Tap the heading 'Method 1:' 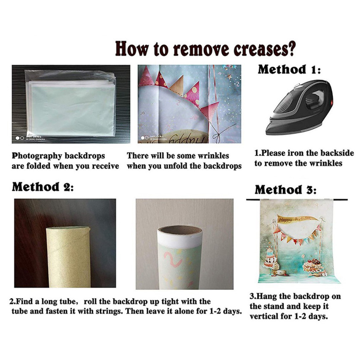[x=289, y=69]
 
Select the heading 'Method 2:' [x=43, y=187]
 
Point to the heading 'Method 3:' [x=286, y=190]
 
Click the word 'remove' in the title [x=201, y=49]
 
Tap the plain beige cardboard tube [x=68, y=257]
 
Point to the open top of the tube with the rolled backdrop [x=180, y=230]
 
